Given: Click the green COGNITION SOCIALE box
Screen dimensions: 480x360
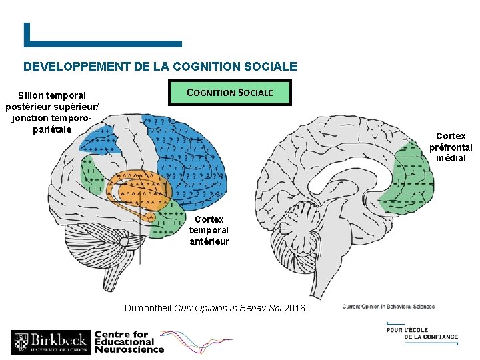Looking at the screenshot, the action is pyautogui.click(x=230, y=93).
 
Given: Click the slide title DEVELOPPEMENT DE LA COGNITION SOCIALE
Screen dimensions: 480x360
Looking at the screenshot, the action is pyautogui.click(x=160, y=67).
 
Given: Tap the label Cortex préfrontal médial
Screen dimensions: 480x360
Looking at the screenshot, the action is pyautogui.click(x=451, y=147).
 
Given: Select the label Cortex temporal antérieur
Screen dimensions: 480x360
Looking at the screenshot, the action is pyautogui.click(x=209, y=230).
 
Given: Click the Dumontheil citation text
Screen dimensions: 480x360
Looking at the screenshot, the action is pyautogui.click(x=215, y=308).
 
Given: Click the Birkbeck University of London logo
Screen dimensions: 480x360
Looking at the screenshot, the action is pyautogui.click(x=50, y=343).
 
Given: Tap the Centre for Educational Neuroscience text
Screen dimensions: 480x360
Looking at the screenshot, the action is pyautogui.click(x=129, y=341).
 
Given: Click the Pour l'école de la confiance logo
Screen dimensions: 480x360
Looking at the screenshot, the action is pyautogui.click(x=422, y=333).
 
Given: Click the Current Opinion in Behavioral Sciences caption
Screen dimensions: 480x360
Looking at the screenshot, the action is pyautogui.click(x=389, y=307).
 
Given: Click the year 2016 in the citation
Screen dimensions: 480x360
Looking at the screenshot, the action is pyautogui.click(x=293, y=308).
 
